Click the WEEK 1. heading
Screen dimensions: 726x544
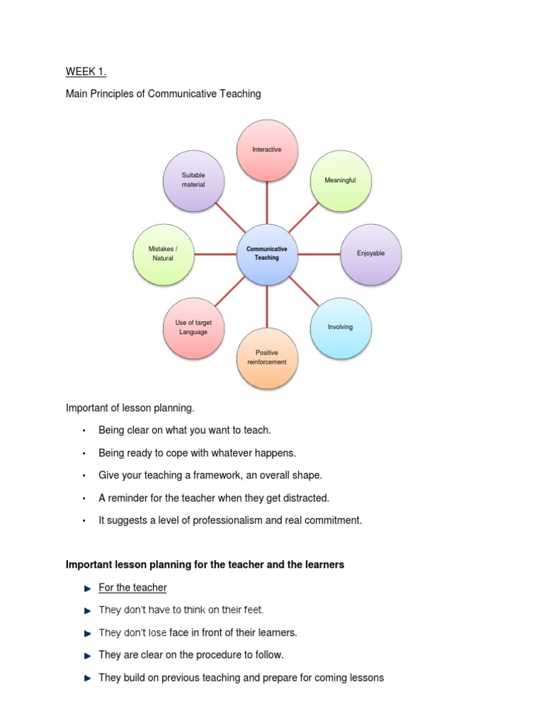point(86,71)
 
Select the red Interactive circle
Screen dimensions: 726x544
point(267,150)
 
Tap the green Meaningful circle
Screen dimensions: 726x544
point(340,181)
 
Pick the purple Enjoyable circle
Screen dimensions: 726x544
point(371,254)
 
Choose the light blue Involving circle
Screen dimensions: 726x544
point(340,327)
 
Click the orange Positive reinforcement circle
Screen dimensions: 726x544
point(267,357)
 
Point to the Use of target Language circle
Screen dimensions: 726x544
point(193,327)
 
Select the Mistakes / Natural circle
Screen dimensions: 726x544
point(163,254)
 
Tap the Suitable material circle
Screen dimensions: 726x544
point(193,180)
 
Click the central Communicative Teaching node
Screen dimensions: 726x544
point(267,254)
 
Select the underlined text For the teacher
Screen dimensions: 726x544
point(132,588)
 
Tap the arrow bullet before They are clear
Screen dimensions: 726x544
point(87,656)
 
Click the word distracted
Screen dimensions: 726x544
point(307,498)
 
